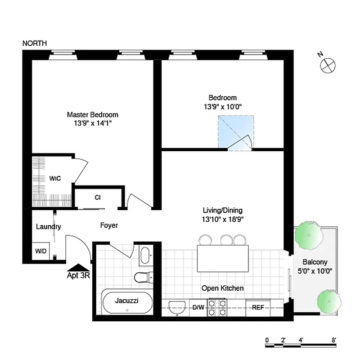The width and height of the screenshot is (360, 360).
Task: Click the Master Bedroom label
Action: point(92,115)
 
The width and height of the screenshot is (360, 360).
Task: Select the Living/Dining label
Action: point(222,210)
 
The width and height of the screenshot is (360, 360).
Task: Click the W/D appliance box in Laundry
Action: point(41,251)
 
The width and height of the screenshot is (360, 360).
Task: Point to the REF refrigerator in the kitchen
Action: point(258,308)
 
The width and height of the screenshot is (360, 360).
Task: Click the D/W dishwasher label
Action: point(198,308)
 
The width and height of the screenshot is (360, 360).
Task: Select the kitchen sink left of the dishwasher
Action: point(176,308)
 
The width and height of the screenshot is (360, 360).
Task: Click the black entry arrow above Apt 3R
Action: point(78,267)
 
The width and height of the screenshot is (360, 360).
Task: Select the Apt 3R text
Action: point(78,275)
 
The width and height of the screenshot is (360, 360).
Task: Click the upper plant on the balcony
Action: point(308,235)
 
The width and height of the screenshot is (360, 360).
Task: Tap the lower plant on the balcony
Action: point(329,301)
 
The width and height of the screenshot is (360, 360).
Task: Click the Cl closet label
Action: point(97,198)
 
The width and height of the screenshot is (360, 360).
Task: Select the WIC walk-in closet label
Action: point(55,179)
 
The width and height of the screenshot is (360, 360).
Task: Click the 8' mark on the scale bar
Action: point(333,341)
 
